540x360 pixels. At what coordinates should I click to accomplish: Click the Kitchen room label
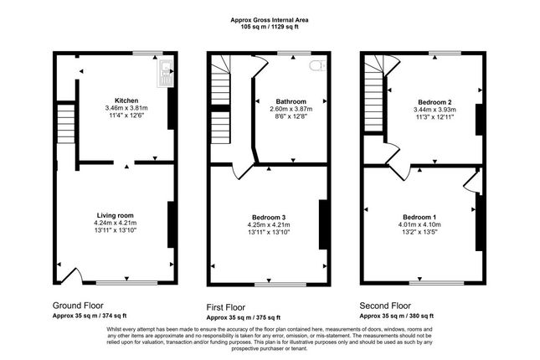point(126,100)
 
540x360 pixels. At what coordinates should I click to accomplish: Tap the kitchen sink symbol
point(162,75)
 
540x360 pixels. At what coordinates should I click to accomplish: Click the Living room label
point(115,215)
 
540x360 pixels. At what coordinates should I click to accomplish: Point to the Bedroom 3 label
point(268,217)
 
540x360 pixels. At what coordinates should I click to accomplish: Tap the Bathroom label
point(287,100)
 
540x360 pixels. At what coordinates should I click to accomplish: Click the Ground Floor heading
point(79,306)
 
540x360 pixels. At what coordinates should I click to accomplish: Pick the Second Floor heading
point(386,306)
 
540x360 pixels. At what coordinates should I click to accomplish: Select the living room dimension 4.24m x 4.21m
point(115,224)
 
